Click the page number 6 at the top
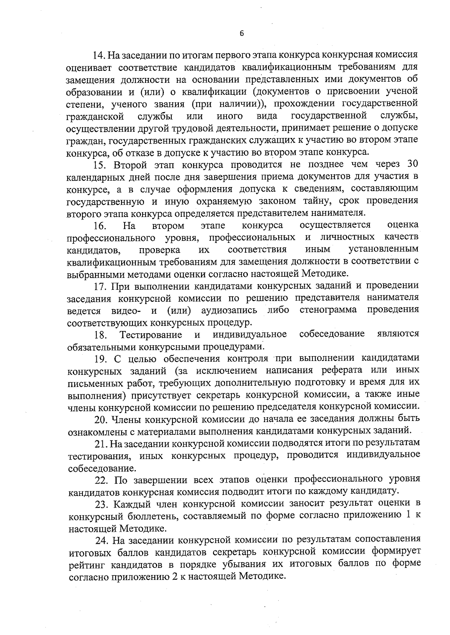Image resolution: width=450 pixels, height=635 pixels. [241, 33]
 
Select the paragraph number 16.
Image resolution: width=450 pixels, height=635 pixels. [100, 226]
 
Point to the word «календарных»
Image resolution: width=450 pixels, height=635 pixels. [95, 177]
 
